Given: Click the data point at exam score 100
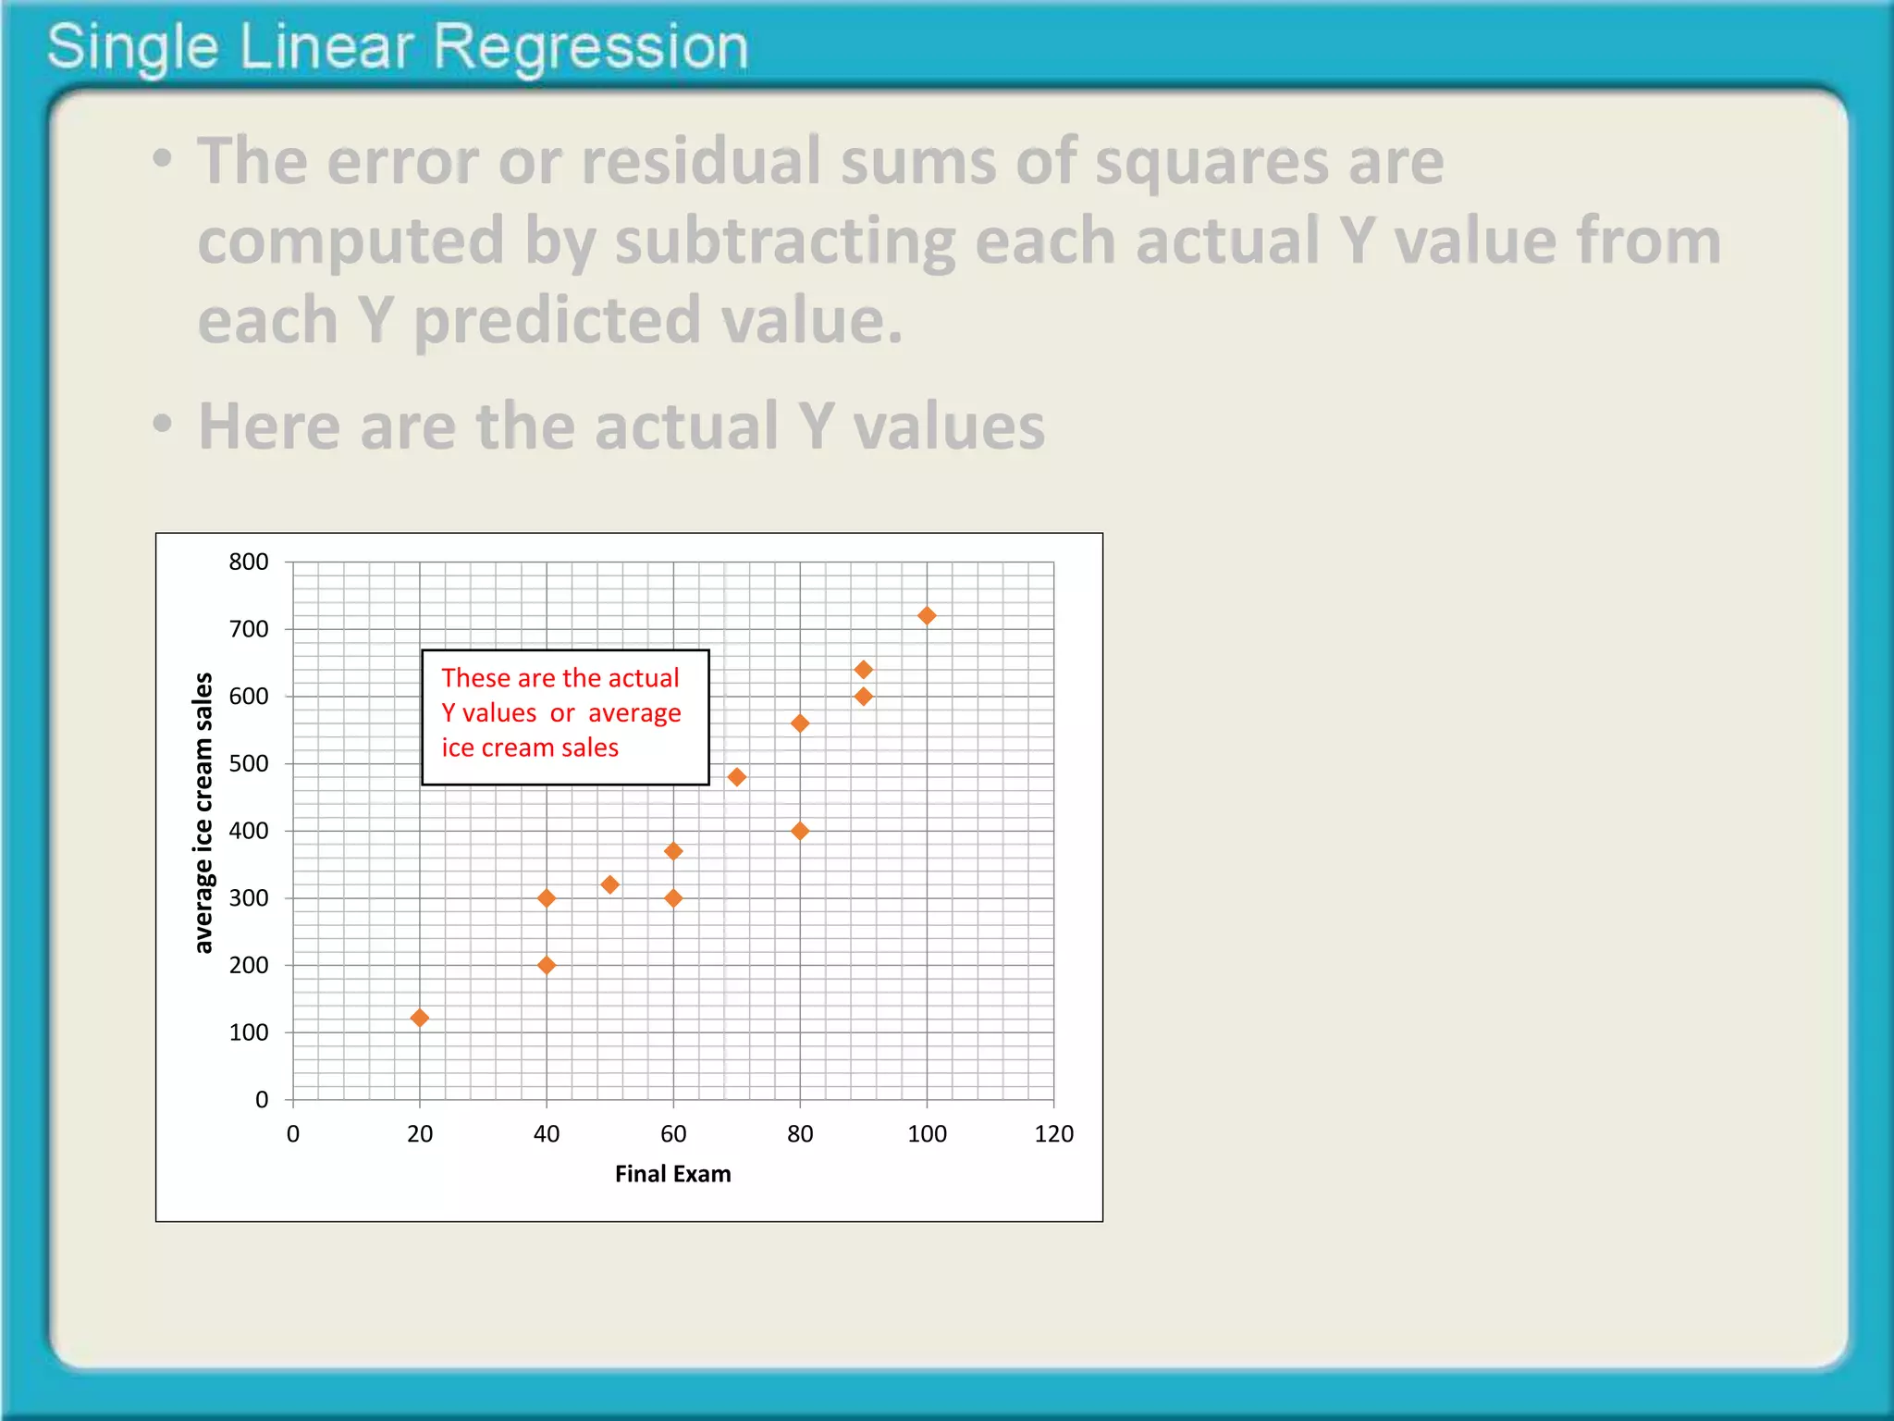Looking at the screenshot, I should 927,616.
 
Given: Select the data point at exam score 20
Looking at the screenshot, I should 419,1018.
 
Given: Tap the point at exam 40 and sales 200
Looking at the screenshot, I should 547,965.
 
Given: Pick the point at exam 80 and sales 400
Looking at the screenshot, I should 800,831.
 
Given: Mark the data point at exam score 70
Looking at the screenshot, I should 736,777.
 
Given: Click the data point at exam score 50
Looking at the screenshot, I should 609,884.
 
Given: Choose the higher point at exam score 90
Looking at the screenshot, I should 863,669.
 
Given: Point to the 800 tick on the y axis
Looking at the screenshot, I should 249,562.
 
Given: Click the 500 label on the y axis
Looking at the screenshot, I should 249,763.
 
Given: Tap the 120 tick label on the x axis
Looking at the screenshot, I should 1053,1134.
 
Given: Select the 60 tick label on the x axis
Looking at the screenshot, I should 673,1134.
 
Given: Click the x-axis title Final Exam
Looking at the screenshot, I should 672,1174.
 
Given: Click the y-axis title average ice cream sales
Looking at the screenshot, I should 203,812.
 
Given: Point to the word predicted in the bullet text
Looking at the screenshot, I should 557,321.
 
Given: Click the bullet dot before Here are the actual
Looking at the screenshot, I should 163,425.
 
